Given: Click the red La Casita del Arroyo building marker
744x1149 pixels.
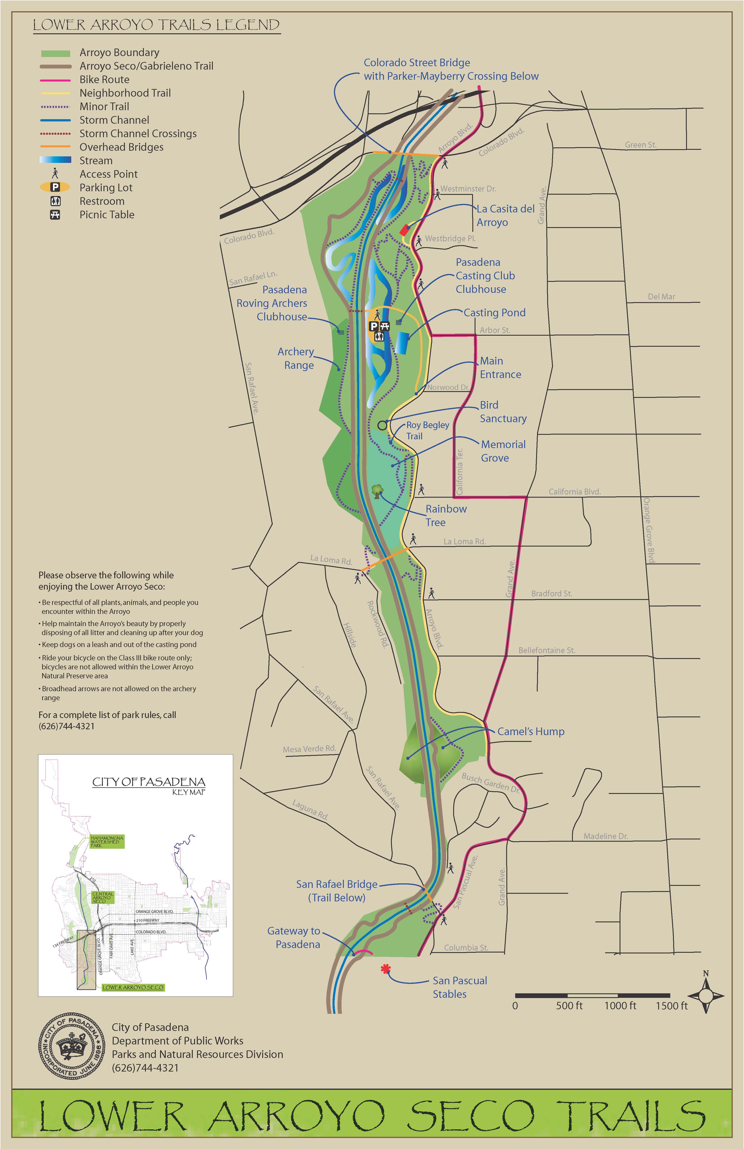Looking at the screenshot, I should pos(404,230).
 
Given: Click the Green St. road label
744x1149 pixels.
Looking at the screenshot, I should pos(640,145).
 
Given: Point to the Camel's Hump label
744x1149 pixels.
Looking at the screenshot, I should pos(530,731).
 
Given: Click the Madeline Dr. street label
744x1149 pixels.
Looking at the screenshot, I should pos(605,836).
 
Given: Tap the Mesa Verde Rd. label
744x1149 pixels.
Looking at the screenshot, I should pos(309,749).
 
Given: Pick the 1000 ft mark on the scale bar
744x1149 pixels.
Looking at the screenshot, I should pos(620,1006).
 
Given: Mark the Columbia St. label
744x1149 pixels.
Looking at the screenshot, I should pos(466,948).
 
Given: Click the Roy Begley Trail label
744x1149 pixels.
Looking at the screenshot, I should pos(427,430).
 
